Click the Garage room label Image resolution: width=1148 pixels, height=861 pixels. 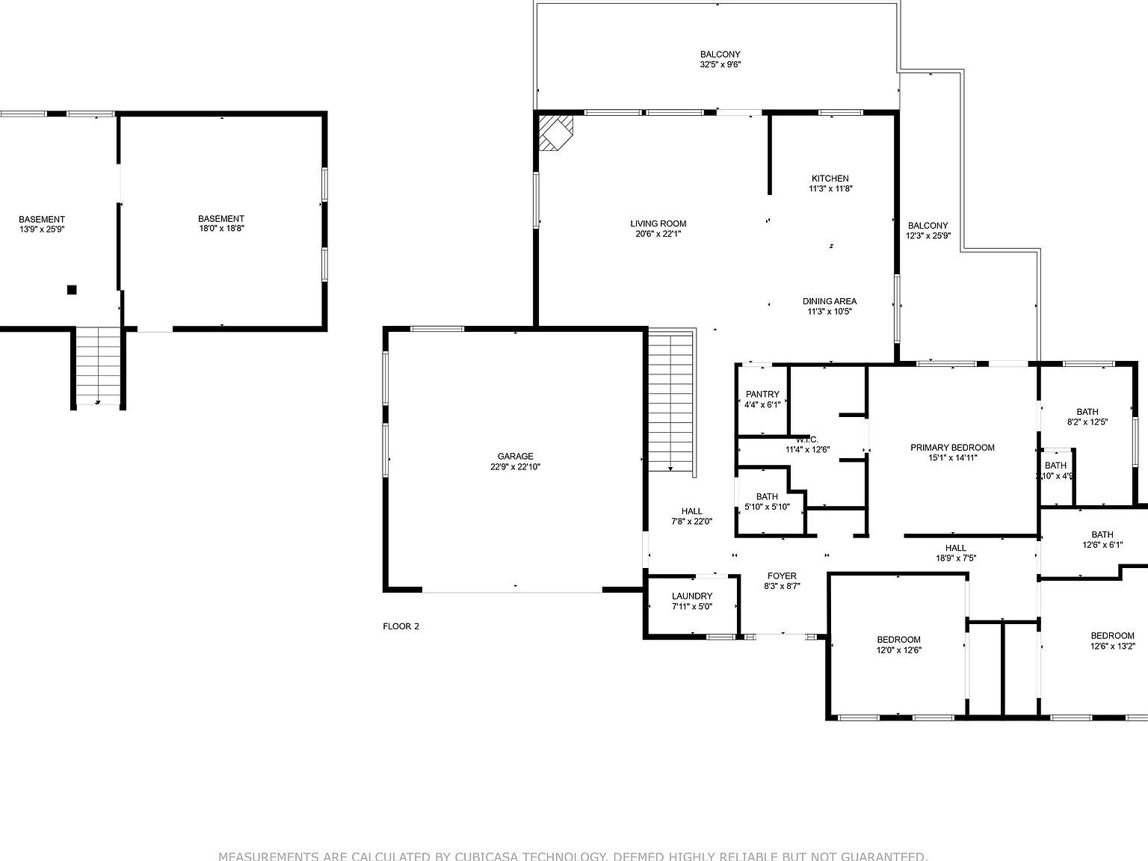516,456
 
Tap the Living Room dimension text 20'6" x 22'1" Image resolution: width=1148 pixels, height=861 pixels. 658,234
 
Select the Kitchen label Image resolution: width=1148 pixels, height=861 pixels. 830,179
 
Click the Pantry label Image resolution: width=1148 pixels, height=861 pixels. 762,394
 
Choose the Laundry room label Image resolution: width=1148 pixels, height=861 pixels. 692,596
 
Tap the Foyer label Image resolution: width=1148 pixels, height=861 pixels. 782,575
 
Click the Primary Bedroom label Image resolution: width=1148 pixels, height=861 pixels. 952,448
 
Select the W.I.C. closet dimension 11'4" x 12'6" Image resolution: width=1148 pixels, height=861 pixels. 807,450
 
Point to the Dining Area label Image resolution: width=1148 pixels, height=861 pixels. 830,301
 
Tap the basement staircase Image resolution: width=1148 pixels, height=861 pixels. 98,366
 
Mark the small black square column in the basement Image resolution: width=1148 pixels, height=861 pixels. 72,289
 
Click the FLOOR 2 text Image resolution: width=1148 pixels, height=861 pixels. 401,626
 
